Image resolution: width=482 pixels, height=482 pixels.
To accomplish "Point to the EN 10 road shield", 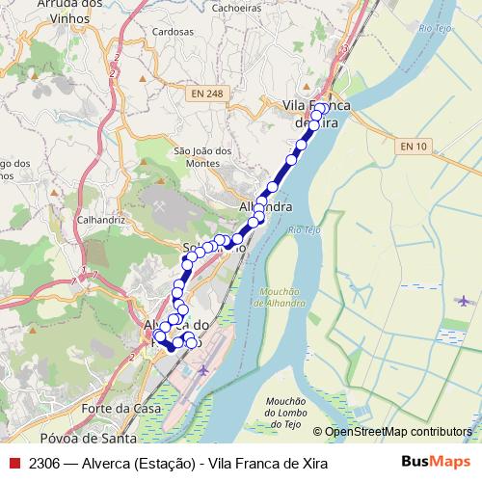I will pos(413,146).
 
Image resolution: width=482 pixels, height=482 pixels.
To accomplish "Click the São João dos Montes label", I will pos(201,157).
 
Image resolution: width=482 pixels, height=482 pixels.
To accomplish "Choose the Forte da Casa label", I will pos(120,408).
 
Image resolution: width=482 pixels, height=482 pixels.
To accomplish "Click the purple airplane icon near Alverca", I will pos(202,369).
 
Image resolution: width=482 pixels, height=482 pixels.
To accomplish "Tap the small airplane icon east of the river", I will pos(465,300).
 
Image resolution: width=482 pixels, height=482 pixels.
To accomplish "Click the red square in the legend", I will pos(13,464).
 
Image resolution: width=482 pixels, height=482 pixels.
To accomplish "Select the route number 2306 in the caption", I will pos(44,464).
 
